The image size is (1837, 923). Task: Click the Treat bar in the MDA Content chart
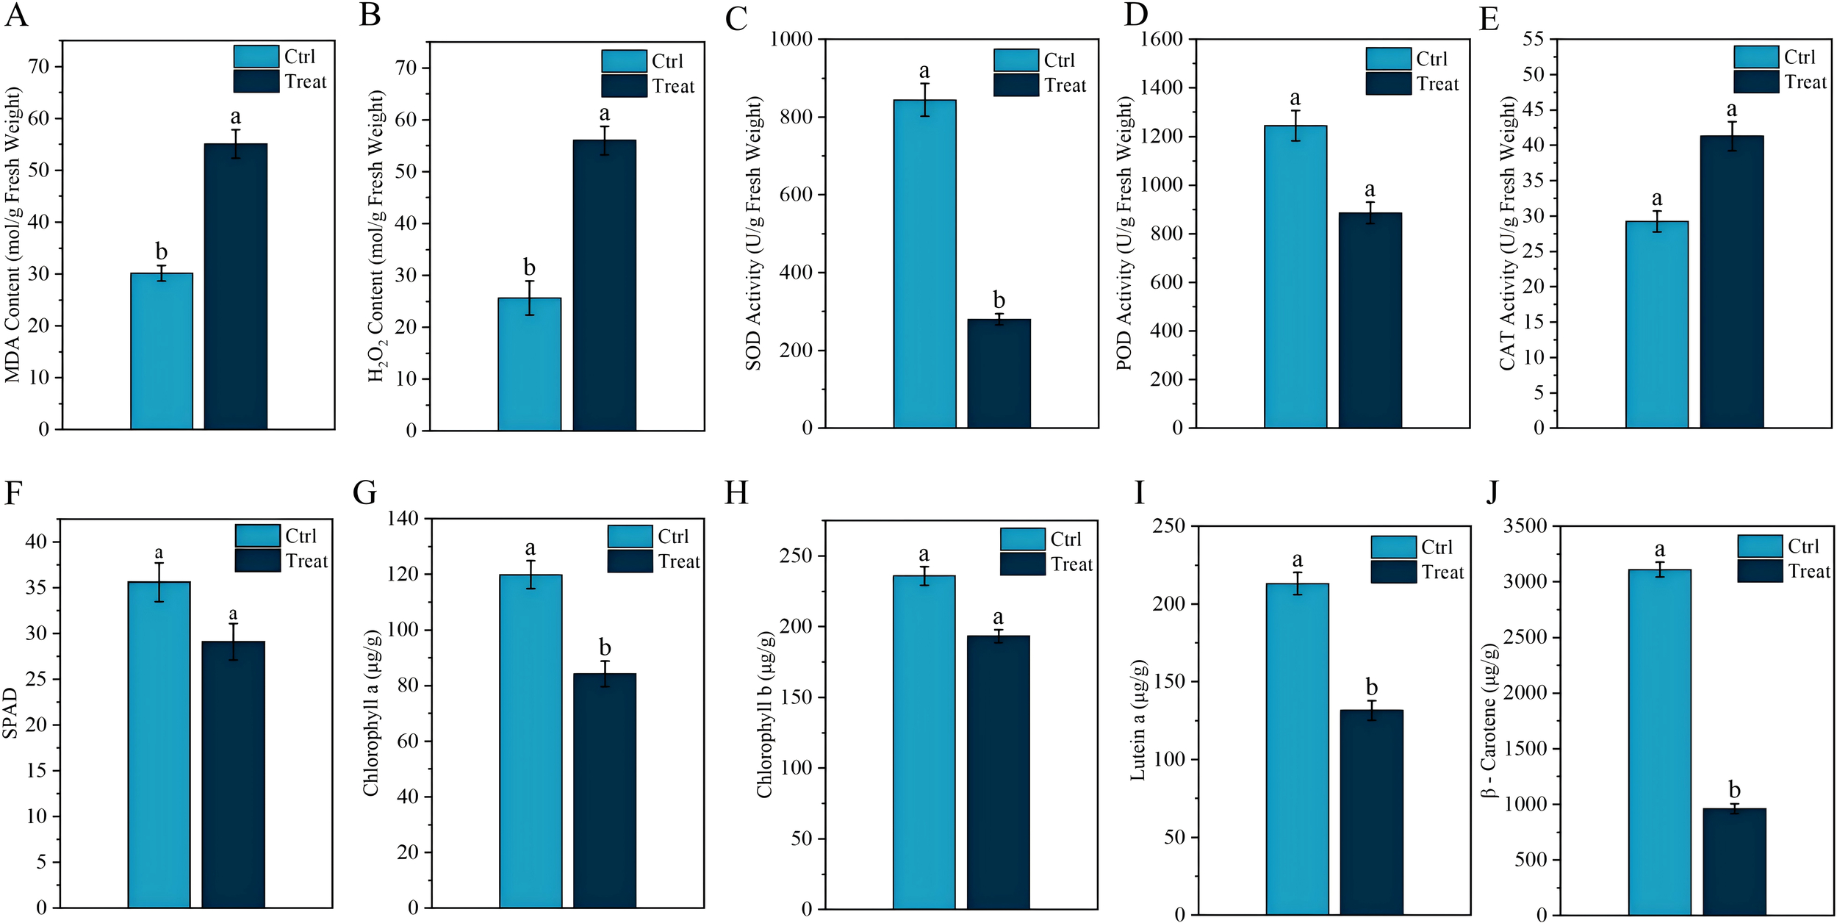click(235, 287)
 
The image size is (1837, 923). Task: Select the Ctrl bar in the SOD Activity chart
click(924, 265)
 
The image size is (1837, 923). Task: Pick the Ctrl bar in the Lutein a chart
click(1297, 750)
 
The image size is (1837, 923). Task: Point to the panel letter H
click(736, 493)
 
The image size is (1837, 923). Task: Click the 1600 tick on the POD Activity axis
click(1162, 39)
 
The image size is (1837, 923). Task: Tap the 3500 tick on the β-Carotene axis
click(1525, 526)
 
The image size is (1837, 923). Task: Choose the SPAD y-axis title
click(10, 713)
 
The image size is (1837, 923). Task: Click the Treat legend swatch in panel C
click(1016, 85)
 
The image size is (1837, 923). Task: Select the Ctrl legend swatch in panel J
click(1759, 546)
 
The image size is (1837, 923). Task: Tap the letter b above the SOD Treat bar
click(999, 300)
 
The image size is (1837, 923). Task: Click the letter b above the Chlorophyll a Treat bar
click(605, 647)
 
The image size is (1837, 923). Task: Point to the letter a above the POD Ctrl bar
click(1295, 98)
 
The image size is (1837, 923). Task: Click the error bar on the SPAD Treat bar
click(233, 642)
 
